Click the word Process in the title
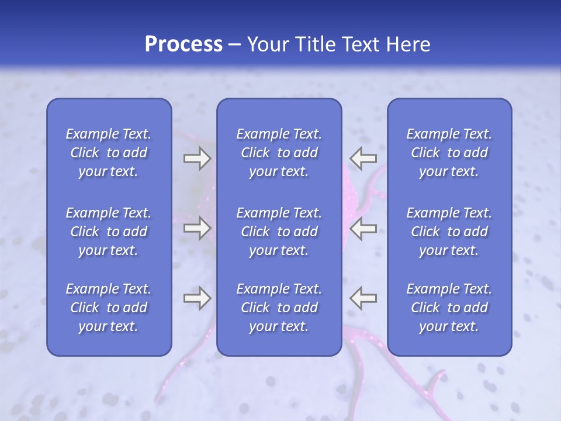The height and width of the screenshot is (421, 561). pos(183,44)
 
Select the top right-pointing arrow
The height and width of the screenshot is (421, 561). pos(197,158)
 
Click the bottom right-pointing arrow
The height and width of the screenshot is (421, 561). pos(197,298)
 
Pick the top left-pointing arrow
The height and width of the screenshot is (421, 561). pos(363,158)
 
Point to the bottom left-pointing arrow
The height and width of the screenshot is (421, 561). pos(363,298)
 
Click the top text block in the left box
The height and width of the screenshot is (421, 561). pos(109,153)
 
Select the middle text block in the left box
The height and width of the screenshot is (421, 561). pos(109,232)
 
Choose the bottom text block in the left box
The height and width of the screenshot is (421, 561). pos(109,308)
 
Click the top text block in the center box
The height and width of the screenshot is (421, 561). pos(279,153)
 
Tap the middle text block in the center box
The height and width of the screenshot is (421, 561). pos(279,232)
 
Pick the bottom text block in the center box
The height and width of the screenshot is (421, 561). pos(279,308)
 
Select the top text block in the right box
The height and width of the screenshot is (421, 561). pos(449,153)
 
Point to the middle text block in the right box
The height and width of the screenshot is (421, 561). pos(449,232)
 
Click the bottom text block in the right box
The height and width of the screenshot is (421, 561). pos(449,308)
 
